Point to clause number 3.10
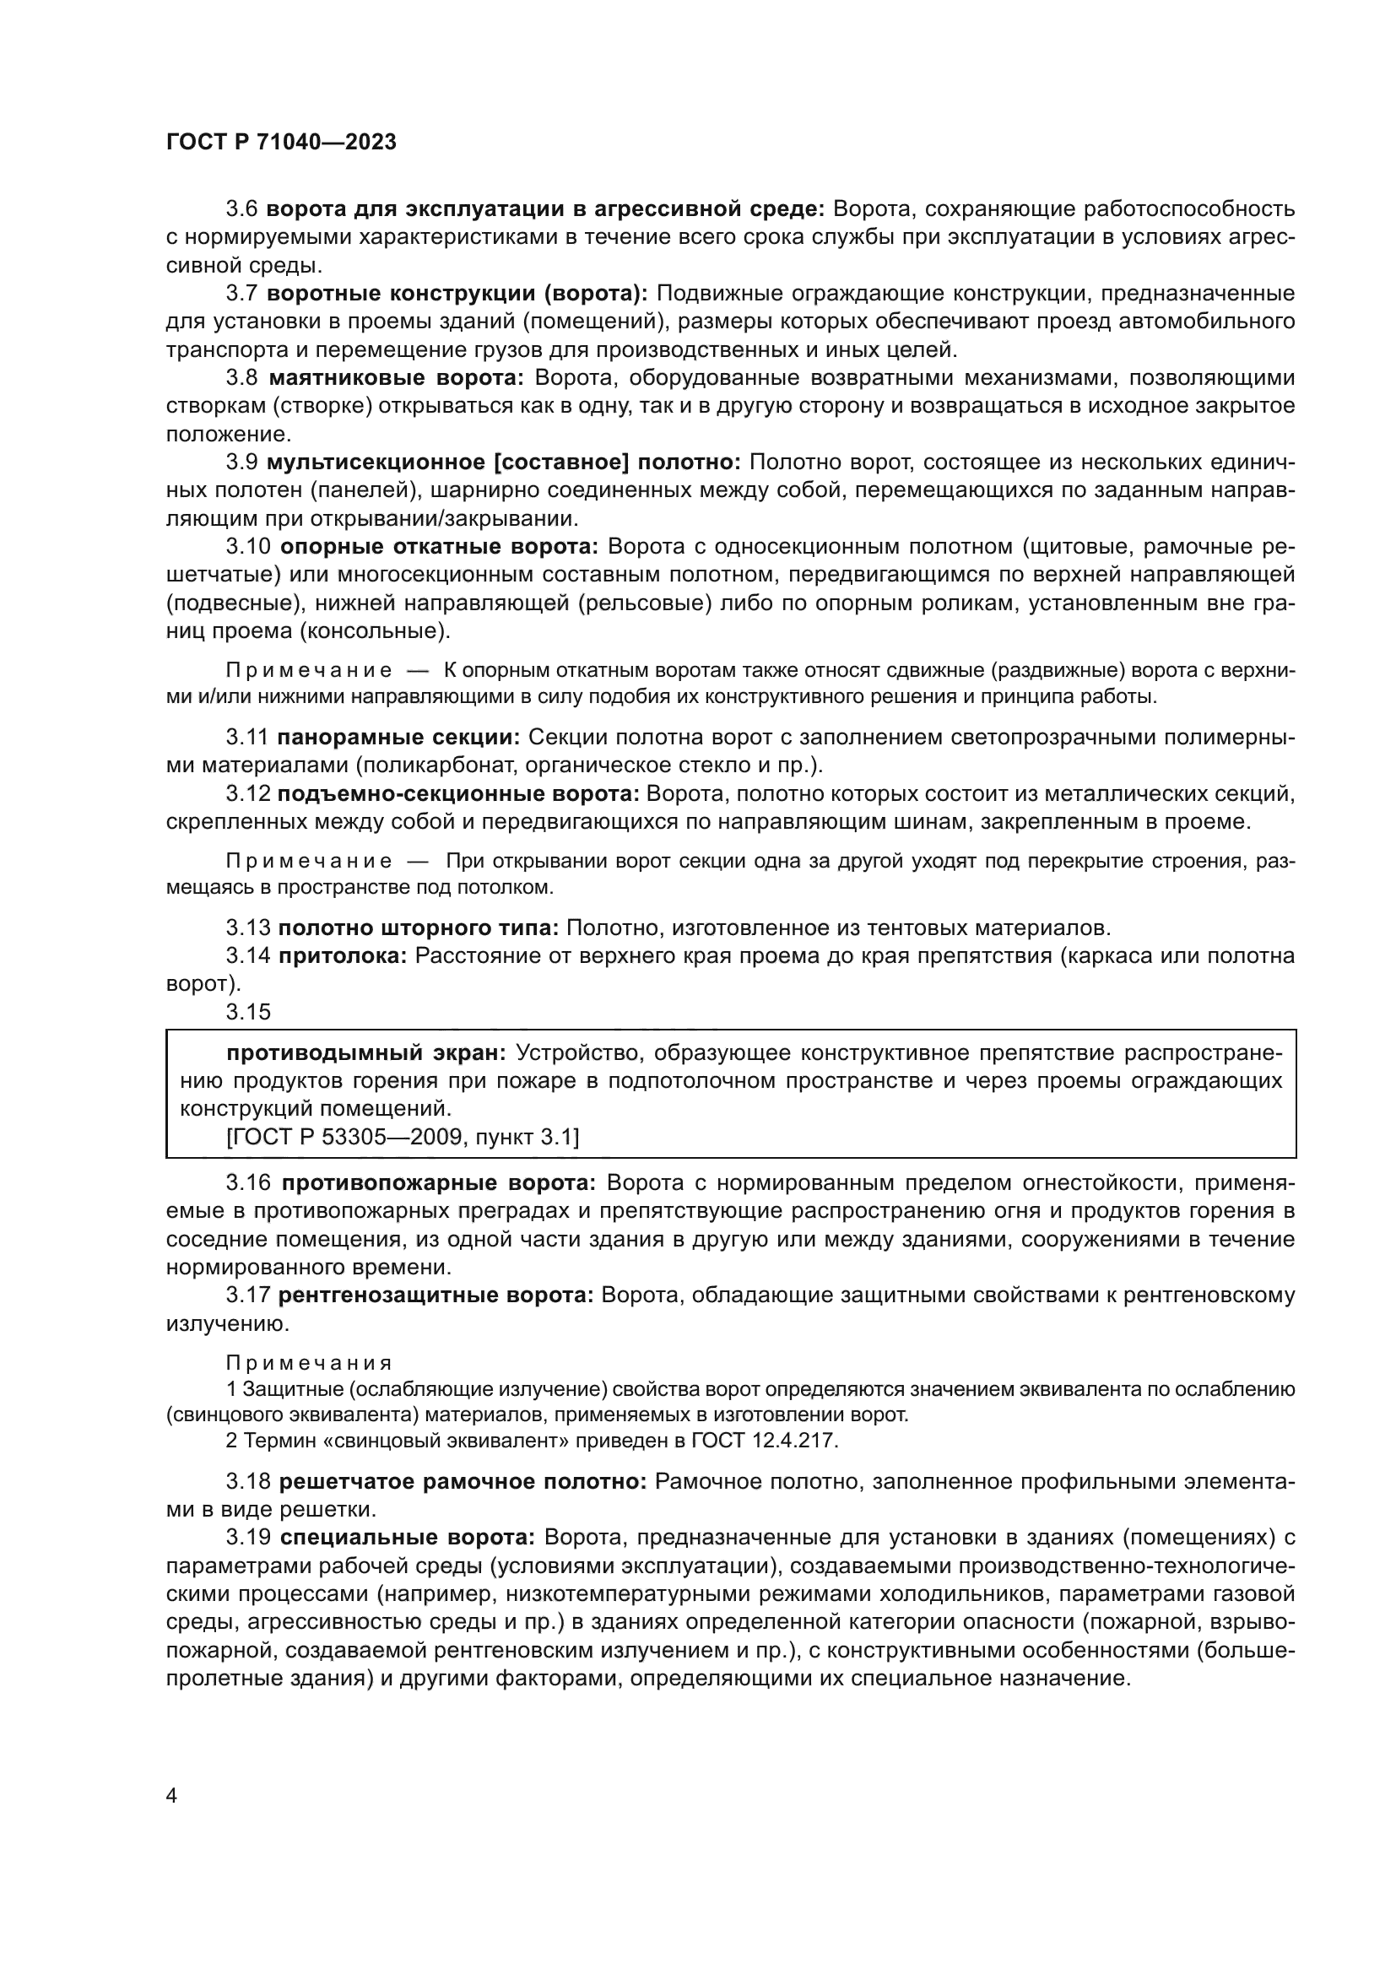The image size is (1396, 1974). pos(248,547)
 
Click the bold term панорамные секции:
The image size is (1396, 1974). pos(400,737)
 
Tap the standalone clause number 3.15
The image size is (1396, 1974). pos(248,1012)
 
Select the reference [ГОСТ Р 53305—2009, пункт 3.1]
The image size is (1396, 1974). pos(403,1138)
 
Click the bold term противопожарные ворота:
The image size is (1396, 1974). pos(438,1183)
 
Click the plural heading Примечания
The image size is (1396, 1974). pos(309,1363)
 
